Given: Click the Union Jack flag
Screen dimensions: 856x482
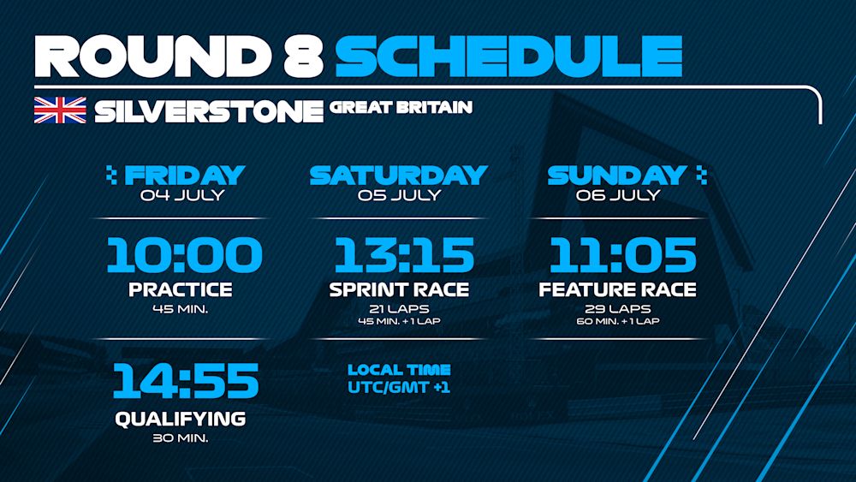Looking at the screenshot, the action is click(60, 110).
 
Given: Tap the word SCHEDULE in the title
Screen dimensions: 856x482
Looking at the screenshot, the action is click(508, 57).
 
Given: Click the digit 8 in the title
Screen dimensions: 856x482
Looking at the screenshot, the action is click(303, 57).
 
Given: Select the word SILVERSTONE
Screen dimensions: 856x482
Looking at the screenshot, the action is click(209, 110).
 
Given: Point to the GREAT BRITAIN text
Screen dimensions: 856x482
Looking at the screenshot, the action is click(401, 108).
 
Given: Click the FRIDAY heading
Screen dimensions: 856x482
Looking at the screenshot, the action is click(185, 176).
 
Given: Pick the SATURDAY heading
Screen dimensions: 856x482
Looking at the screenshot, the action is click(399, 176).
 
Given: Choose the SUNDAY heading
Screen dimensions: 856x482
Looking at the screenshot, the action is click(617, 176).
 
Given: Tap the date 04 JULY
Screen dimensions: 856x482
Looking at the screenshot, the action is click(181, 195).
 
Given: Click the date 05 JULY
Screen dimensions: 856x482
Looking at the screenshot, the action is click(400, 195).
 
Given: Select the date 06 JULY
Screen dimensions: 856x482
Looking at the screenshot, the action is click(617, 195).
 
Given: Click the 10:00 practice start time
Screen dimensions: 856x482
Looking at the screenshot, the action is click(185, 255).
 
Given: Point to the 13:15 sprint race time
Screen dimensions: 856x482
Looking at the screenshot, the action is click(404, 255).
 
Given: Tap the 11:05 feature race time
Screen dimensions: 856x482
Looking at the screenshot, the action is click(623, 255).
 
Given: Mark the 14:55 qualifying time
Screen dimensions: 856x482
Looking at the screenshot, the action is click(186, 380).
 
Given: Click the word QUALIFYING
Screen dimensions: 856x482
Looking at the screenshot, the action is click(180, 420).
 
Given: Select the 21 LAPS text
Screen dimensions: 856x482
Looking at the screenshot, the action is click(399, 309).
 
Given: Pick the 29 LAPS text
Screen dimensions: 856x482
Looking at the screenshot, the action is click(617, 309).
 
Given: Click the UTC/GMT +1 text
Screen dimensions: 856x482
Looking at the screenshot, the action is click(399, 388).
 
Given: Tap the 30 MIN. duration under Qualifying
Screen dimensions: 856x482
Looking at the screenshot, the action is click(180, 437).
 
